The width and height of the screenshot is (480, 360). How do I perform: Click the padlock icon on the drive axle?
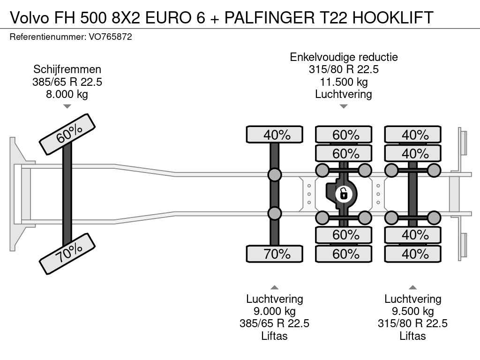344,194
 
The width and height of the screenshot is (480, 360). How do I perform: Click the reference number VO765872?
110,37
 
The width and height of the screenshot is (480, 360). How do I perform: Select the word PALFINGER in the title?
270,17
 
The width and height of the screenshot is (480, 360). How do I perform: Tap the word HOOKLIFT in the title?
393,17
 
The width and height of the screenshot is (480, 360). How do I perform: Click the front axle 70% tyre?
67,254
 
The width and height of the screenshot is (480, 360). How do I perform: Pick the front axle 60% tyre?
67,135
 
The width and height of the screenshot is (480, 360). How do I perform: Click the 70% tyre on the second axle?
275,254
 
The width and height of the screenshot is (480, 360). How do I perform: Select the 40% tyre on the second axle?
275,135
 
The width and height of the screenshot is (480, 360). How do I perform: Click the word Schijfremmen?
67,69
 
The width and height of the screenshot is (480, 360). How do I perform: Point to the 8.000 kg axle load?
67,94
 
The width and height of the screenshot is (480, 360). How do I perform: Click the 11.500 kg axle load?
344,82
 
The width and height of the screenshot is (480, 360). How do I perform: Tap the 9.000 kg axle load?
275,311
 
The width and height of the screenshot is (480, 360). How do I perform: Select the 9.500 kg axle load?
412,311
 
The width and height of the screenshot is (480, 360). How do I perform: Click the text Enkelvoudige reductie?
344,57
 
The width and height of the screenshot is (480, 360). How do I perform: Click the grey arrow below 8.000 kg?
67,106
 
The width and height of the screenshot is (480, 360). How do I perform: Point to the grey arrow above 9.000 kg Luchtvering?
275,287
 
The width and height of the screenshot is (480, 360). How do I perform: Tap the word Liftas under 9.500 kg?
412,336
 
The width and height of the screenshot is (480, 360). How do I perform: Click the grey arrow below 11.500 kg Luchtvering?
344,106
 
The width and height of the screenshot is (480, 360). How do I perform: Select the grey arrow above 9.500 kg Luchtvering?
412,287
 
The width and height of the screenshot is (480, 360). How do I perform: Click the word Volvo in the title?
30,17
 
